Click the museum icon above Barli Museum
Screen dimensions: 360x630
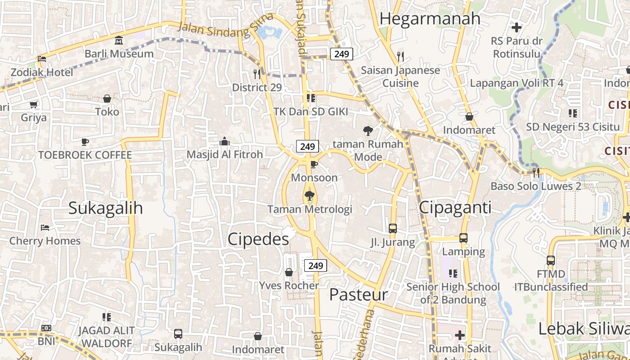(x=118, y=40)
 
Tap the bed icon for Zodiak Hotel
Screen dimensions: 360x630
(x=42, y=59)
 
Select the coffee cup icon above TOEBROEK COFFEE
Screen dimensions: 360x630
(x=85, y=142)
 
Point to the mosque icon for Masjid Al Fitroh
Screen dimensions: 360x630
(x=225, y=141)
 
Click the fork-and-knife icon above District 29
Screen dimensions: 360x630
(x=257, y=74)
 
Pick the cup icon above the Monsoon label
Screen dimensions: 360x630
(x=314, y=164)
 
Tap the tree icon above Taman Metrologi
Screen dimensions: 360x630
(x=309, y=196)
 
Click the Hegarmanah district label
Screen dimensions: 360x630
(x=430, y=19)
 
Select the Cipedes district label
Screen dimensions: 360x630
(x=258, y=239)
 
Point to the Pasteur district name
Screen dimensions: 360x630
(x=358, y=295)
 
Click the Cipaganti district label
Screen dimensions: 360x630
(x=455, y=207)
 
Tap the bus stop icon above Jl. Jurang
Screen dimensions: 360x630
(x=393, y=228)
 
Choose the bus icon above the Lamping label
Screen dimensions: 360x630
(x=463, y=238)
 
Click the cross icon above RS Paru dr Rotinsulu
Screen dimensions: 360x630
(x=517, y=27)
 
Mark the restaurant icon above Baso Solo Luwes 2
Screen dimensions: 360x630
(x=535, y=172)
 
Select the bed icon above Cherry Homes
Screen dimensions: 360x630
(x=45, y=227)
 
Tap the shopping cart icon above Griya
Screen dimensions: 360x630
(x=33, y=104)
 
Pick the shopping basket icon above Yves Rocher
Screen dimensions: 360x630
(x=289, y=272)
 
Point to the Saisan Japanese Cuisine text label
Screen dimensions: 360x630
(x=400, y=76)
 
